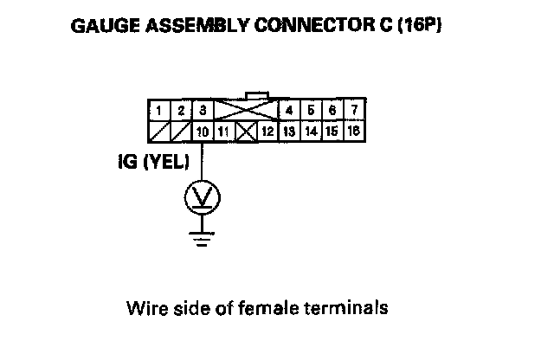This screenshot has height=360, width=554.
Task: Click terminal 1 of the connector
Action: tap(159, 111)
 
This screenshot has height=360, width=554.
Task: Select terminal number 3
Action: tap(202, 111)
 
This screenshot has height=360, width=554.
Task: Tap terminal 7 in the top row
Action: tap(354, 111)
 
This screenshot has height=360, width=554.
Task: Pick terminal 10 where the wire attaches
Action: tap(202, 131)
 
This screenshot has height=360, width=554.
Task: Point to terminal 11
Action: tap(223, 131)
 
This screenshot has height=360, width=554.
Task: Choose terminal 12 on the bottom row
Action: tap(267, 131)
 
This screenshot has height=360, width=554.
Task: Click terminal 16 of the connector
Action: tap(354, 131)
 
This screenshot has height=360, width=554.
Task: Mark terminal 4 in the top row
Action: tap(289, 111)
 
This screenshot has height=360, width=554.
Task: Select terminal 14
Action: tap(311, 131)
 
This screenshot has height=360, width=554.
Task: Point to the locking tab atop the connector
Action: tap(257, 96)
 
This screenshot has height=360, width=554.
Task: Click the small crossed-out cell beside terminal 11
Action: tap(245, 131)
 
